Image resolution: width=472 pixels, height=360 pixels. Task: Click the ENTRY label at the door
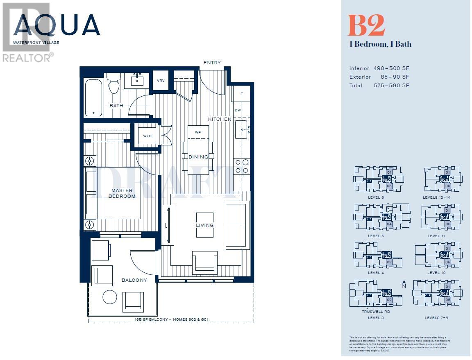coord(212,63)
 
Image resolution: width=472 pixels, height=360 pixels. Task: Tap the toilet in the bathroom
coord(113,86)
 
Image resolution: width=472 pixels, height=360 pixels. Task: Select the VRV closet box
coord(161,81)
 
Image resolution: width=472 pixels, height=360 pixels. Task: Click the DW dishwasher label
coord(238,110)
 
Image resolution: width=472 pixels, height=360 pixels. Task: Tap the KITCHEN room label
coord(220,119)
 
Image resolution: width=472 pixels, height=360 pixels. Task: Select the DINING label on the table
coord(198,157)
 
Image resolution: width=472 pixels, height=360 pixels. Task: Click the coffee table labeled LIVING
coord(204,225)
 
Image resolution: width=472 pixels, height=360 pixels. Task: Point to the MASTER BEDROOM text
coord(122,193)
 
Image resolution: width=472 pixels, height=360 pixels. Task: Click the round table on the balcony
coord(110,297)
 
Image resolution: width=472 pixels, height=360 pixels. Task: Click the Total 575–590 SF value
coord(391,86)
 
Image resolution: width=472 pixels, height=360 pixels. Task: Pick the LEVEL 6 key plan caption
coord(376,197)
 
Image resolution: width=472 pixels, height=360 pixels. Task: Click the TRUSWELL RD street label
coord(375,312)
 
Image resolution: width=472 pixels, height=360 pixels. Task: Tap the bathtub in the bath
coord(94,97)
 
